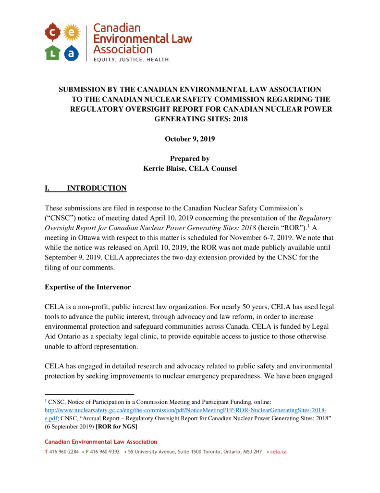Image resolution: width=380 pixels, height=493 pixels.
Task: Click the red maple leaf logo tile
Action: (52, 33)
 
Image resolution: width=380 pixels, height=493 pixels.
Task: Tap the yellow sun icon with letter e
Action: (71, 33)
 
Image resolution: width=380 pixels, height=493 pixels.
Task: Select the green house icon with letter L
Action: (52, 52)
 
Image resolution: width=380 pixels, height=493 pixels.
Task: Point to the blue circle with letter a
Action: (71, 52)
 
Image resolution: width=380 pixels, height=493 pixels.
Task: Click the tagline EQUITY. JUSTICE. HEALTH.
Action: (132, 60)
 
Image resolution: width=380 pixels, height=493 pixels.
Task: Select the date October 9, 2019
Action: (190, 139)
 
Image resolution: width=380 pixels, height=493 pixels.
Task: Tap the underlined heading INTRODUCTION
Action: (97, 188)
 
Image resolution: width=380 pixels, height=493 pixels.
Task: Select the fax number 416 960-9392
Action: (104, 452)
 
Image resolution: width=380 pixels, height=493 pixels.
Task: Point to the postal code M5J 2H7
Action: (251, 452)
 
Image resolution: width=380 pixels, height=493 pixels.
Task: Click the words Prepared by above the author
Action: (190, 158)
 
